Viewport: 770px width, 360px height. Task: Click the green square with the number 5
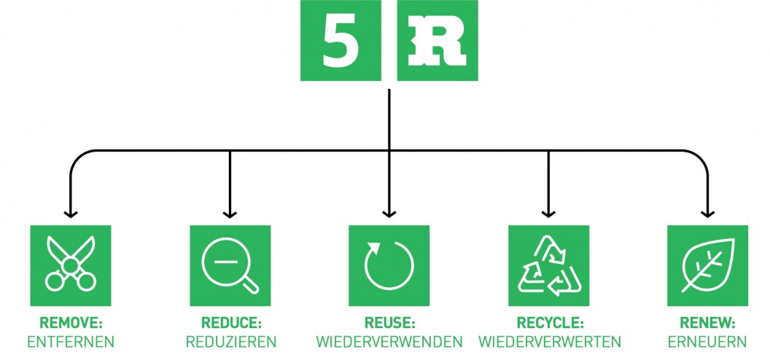point(341,41)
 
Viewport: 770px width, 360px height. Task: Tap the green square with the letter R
point(437,41)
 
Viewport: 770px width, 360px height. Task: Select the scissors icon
point(70,265)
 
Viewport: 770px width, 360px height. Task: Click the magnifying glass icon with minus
point(230,265)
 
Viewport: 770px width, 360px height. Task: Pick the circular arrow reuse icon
point(389,265)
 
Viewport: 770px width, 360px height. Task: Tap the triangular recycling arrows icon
point(548,265)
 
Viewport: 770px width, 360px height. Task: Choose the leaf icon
point(707,265)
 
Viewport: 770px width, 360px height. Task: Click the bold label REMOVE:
point(70,323)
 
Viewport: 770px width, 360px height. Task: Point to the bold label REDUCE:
point(230,323)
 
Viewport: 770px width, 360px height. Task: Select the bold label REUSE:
point(389,323)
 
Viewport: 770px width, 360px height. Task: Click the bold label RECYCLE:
point(549,323)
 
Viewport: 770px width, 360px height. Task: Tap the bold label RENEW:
point(707,323)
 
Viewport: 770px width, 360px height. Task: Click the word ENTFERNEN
point(70,342)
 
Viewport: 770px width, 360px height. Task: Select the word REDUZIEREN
point(230,342)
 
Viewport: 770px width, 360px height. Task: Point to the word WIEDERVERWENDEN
point(389,342)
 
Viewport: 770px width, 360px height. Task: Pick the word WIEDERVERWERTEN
point(549,342)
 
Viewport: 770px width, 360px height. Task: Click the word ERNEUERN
point(707,342)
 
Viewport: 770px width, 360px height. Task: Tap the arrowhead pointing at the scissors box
point(70,214)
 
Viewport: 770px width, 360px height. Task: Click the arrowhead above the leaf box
point(707,214)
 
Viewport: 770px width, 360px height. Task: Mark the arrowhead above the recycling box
point(548,214)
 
